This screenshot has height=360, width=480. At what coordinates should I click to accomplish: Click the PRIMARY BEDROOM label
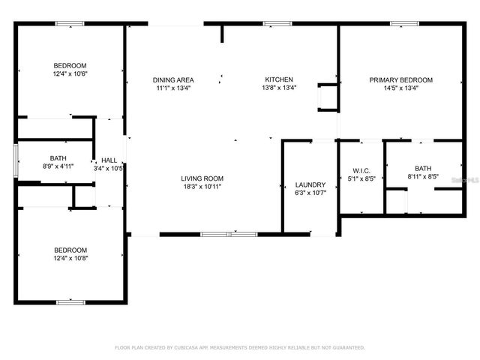[401, 79]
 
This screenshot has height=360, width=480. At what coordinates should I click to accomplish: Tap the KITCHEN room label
[278, 79]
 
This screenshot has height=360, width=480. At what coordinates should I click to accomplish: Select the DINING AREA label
[173, 79]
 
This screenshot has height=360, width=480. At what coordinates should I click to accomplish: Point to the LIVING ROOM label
[202, 178]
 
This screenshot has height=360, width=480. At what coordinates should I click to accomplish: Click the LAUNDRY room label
[310, 184]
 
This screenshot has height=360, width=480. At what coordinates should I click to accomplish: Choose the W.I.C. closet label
[361, 169]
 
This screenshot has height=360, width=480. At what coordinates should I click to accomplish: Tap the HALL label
[109, 160]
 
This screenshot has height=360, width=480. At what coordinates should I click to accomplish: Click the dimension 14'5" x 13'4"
[401, 88]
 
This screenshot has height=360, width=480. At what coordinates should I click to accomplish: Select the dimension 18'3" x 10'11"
[202, 187]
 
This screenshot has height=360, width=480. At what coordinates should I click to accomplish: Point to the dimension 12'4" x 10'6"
[70, 73]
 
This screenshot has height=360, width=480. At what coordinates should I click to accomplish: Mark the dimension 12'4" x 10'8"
[70, 258]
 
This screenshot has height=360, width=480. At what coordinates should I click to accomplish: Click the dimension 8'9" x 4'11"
[58, 166]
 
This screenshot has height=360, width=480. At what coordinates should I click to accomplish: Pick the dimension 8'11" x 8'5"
[423, 177]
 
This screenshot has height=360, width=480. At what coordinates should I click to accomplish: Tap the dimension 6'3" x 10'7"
[310, 193]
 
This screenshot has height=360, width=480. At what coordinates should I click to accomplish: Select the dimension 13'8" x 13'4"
[278, 88]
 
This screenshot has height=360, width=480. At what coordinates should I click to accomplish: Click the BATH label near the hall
[58, 158]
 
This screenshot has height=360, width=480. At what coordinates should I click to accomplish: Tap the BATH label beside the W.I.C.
[423, 169]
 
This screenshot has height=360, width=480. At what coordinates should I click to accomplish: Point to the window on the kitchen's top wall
[277, 24]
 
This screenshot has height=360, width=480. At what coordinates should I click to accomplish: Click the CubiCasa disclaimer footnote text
[239, 347]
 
